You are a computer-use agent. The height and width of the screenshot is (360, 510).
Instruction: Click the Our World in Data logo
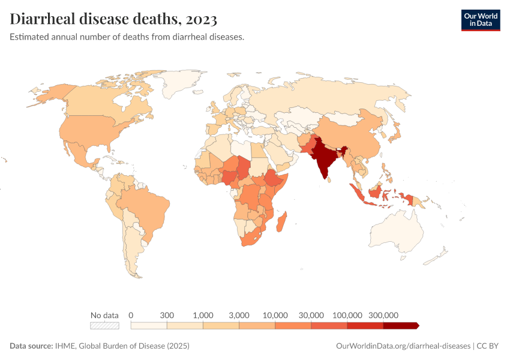[480, 20]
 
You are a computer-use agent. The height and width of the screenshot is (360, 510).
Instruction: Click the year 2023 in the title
[201, 19]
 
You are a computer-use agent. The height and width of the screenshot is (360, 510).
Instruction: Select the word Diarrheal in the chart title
[43, 19]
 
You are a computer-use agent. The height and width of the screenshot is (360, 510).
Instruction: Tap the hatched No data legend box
[104, 325]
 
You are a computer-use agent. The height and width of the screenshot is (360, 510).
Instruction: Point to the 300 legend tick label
[167, 315]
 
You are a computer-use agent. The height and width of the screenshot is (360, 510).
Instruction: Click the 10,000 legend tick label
[275, 315]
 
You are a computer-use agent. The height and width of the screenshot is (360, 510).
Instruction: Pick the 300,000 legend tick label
[383, 315]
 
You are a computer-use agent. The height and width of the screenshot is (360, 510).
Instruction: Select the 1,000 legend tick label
[203, 315]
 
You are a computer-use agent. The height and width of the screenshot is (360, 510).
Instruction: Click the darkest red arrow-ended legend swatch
[400, 325]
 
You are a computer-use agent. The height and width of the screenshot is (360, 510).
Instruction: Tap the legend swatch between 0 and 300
[149, 325]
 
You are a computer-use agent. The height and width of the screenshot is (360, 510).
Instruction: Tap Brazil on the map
[141, 207]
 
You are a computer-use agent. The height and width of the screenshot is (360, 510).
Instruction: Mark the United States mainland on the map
[90, 129]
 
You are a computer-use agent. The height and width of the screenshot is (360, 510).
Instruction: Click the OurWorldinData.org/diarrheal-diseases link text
[403, 346]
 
